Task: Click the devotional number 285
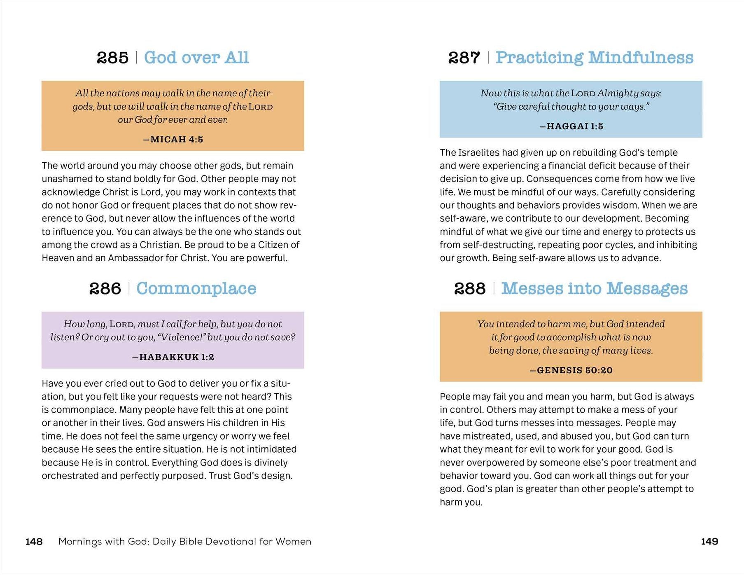pyautogui.click(x=112, y=58)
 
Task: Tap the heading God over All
pyautogui.click(x=196, y=58)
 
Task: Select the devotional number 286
pyautogui.click(x=105, y=288)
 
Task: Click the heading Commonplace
pyautogui.click(x=196, y=288)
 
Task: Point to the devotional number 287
pyautogui.click(x=464, y=58)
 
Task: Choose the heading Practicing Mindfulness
pyautogui.click(x=594, y=58)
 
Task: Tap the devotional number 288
pyautogui.click(x=470, y=288)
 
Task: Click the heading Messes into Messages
pyautogui.click(x=594, y=288)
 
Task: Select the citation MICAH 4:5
pyautogui.click(x=173, y=139)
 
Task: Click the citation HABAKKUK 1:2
pyautogui.click(x=173, y=357)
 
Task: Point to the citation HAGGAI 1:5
pyautogui.click(x=571, y=126)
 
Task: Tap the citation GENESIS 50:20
pyautogui.click(x=571, y=370)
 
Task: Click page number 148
pyautogui.click(x=34, y=541)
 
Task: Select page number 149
pyautogui.click(x=709, y=541)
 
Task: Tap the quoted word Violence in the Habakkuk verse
pyautogui.click(x=180, y=337)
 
